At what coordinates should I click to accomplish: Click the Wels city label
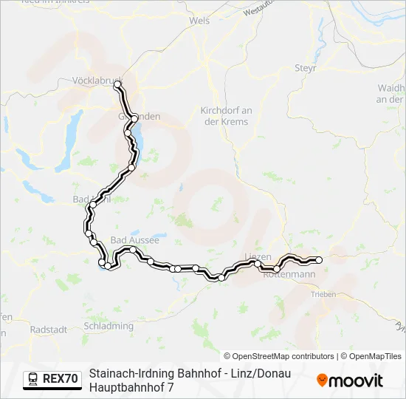pos(199,21)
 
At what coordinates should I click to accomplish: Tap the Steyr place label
pos(306,67)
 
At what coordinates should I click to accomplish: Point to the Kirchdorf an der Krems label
pos(226,116)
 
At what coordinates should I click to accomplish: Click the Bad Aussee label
pos(134,240)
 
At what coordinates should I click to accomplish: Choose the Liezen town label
pos(258,256)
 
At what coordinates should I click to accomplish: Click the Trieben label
pos(323,294)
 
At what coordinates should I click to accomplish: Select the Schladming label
pos(109,326)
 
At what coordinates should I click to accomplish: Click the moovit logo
pos(350,381)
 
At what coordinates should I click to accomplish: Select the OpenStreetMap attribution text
pos(281,356)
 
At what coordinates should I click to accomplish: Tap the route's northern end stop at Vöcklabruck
pos(117,86)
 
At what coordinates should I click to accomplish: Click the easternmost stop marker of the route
pos(319,259)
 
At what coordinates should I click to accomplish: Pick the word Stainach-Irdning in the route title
pos(125,374)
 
